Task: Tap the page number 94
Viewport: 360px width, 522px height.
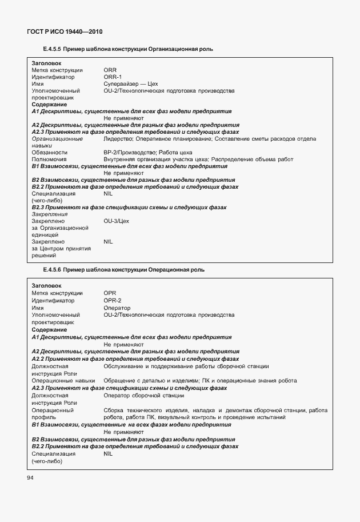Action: (x=30, y=478)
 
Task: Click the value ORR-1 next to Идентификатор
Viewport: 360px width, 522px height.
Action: (x=113, y=77)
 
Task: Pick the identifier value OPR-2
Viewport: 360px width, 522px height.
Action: (x=113, y=300)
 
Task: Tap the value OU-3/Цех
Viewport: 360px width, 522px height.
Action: (x=117, y=221)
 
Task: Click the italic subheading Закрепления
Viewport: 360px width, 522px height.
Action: (x=50, y=214)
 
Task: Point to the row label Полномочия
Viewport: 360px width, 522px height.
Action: (x=49, y=159)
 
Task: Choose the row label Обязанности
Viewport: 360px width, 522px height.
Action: (x=50, y=152)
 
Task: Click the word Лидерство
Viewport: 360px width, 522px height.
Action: (x=118, y=138)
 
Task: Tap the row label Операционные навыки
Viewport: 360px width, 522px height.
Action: (x=63, y=380)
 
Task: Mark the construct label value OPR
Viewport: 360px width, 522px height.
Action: (x=110, y=293)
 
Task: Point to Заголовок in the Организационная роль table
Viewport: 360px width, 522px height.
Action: (x=47, y=63)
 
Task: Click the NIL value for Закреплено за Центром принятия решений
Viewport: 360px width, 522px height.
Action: (x=109, y=242)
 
